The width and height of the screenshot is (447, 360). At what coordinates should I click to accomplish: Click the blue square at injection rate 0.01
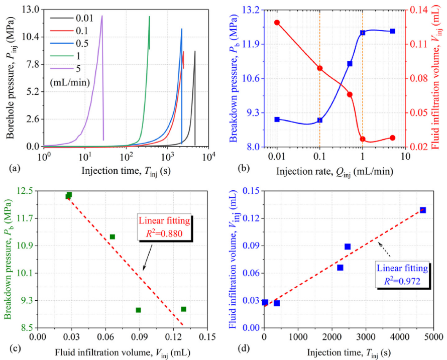277,119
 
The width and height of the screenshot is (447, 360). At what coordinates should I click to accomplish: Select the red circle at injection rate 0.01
277,23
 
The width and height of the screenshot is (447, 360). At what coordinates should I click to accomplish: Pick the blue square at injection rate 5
392,31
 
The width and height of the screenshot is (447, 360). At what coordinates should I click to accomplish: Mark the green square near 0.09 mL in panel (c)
138,310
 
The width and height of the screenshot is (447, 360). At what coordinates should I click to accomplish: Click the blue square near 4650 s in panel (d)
423,210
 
